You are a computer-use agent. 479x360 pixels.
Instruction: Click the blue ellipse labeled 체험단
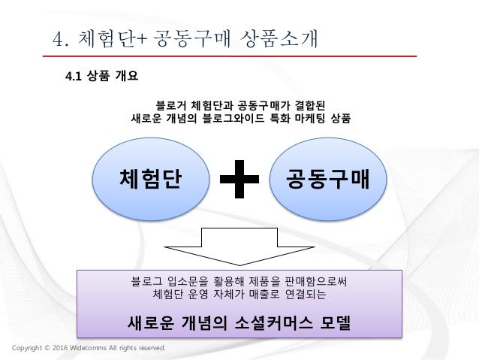coord(149,179)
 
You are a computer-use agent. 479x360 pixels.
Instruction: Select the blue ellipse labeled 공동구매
coord(327,179)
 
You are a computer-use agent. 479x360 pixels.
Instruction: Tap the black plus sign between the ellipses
coord(239,180)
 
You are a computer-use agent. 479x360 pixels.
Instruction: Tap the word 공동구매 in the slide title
coord(191,37)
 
